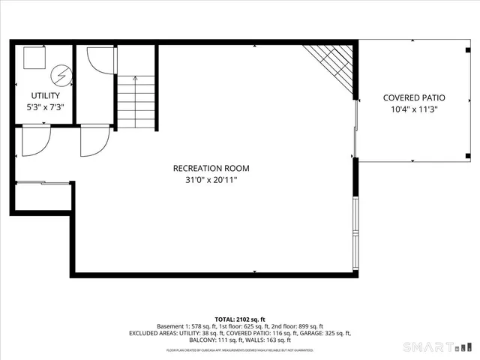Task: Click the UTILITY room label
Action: pyautogui.click(x=46, y=96)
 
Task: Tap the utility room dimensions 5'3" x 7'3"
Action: pyautogui.click(x=46, y=107)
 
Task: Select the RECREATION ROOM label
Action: pyautogui.click(x=211, y=168)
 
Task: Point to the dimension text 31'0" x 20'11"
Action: pyautogui.click(x=211, y=180)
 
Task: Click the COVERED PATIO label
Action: pyautogui.click(x=414, y=97)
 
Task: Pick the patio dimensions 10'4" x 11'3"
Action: pyautogui.click(x=414, y=109)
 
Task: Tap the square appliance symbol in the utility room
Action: pyautogui.click(x=34, y=58)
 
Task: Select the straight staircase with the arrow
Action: pyautogui.click(x=135, y=101)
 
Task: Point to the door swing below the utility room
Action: pyautogui.click(x=34, y=140)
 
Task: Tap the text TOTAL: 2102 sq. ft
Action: pyautogui.click(x=240, y=319)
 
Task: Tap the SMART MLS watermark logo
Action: pyautogui.click(x=438, y=346)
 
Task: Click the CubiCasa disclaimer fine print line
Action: pyautogui.click(x=239, y=349)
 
